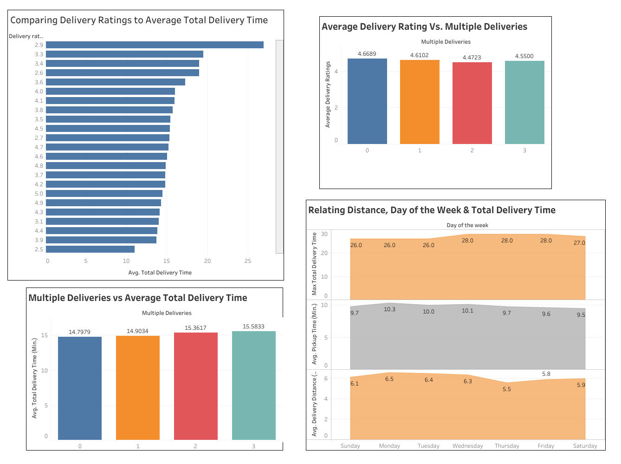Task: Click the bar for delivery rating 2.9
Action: [x=155, y=45]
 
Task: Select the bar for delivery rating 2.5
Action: [x=90, y=249]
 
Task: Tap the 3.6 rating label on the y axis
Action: [x=39, y=82]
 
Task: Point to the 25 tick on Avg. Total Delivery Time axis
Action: [x=248, y=261]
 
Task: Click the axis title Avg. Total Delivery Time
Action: [x=160, y=273]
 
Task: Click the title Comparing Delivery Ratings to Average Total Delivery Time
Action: [x=139, y=20]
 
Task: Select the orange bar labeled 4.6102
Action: [x=420, y=102]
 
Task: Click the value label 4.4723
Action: [x=472, y=58]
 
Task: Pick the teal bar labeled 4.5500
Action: [x=524, y=103]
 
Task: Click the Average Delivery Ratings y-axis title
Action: [x=328, y=95]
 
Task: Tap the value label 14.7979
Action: [x=79, y=332]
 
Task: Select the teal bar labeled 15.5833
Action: [x=253, y=386]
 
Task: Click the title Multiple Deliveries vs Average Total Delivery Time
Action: [x=138, y=298]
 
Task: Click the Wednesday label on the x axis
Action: [x=467, y=446]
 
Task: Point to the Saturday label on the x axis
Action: [x=585, y=446]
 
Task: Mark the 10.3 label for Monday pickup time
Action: [x=389, y=309]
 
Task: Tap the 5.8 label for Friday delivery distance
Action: [x=546, y=374]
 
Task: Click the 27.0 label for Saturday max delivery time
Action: [x=579, y=243]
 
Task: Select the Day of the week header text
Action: [x=467, y=225]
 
